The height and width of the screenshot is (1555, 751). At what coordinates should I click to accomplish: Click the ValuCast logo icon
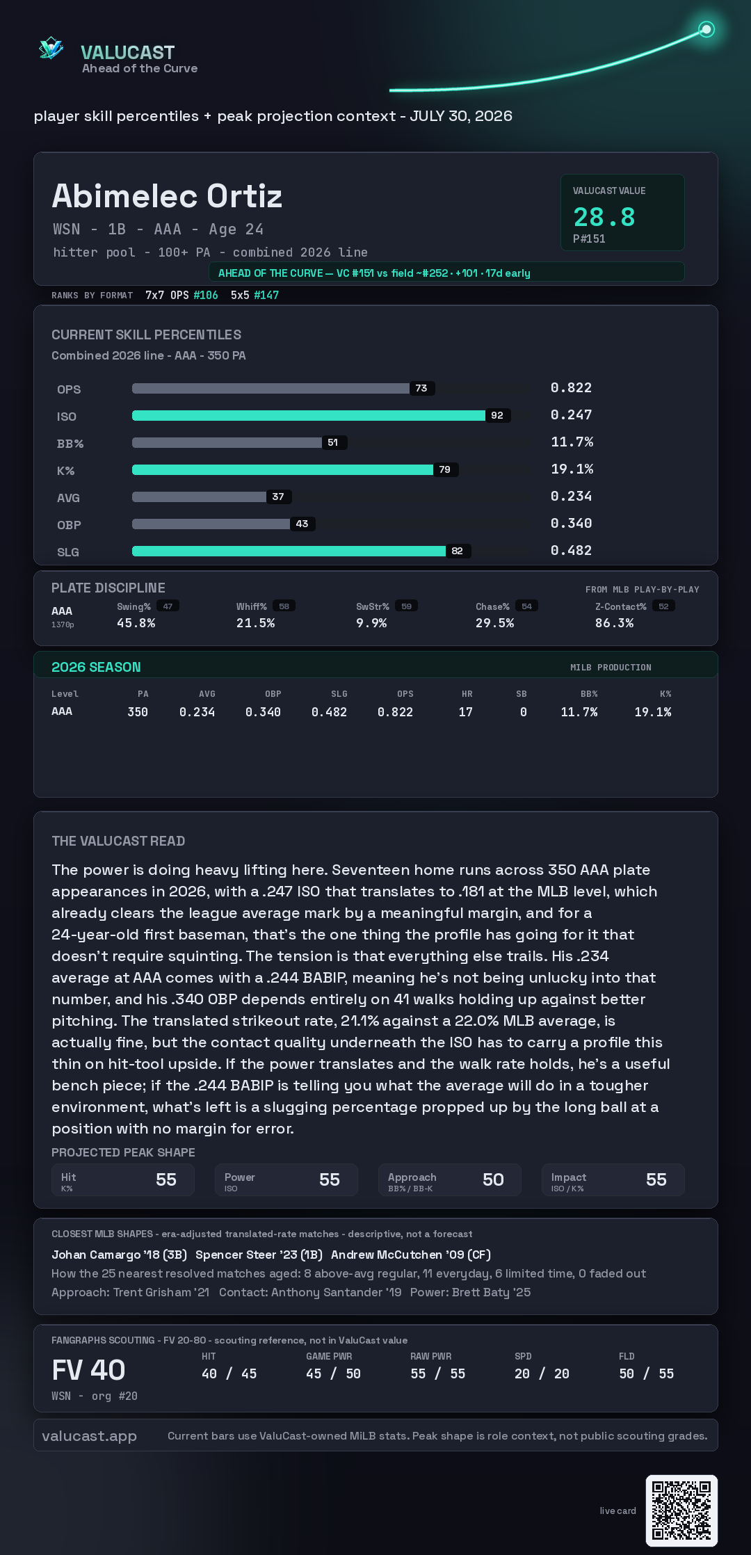pyautogui.click(x=51, y=48)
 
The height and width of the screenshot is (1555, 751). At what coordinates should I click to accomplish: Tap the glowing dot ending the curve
pyautogui.click(x=706, y=29)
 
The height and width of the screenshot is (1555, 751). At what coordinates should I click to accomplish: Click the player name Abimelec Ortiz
pyautogui.click(x=167, y=196)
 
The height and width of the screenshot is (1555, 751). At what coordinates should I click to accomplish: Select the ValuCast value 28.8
pyautogui.click(x=604, y=217)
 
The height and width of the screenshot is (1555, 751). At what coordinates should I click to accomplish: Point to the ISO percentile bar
pyautogui.click(x=309, y=415)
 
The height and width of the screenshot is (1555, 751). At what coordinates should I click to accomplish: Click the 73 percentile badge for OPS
pyautogui.click(x=421, y=388)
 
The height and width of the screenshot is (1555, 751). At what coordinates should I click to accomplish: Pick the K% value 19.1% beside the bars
pyautogui.click(x=572, y=469)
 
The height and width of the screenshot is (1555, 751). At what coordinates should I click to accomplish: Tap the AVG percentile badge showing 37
pyautogui.click(x=278, y=497)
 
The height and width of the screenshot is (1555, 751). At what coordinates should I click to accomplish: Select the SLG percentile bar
pyautogui.click(x=289, y=551)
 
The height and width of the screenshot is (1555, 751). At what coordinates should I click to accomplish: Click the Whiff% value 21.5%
pyautogui.click(x=255, y=623)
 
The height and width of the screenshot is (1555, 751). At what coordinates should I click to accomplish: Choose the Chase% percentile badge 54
pyautogui.click(x=527, y=606)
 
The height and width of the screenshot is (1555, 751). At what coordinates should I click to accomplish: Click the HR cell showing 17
pyautogui.click(x=466, y=712)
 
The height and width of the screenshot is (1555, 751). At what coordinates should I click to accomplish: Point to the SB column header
pyautogui.click(x=522, y=694)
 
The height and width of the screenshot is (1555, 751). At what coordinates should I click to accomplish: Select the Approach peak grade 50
pyautogui.click(x=493, y=1179)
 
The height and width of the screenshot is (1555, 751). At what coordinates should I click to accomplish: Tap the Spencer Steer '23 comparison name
pyautogui.click(x=259, y=1255)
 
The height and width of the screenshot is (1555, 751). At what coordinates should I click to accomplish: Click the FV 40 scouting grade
pyautogui.click(x=88, y=1370)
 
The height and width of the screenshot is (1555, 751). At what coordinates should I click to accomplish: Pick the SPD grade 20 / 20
pyautogui.click(x=542, y=1373)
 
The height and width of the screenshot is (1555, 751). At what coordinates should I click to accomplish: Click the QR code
pyautogui.click(x=681, y=1510)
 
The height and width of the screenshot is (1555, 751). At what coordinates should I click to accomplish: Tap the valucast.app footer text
pyautogui.click(x=89, y=1436)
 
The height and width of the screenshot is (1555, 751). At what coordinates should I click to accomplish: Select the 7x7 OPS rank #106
pyautogui.click(x=205, y=295)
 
